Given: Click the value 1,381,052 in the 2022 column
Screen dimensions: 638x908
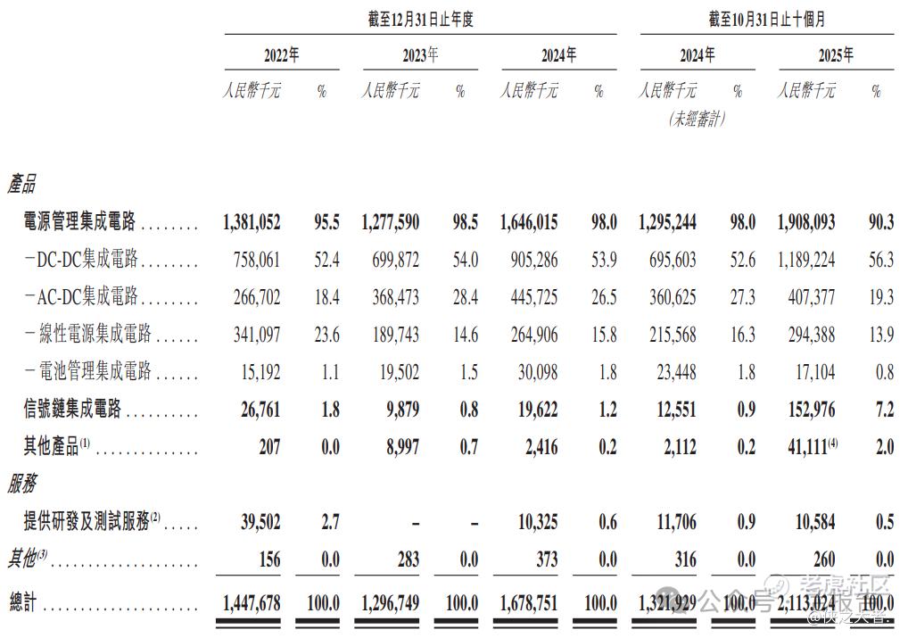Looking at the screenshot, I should pyautogui.click(x=252, y=222).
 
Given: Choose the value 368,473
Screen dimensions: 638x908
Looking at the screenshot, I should pyautogui.click(x=391, y=297).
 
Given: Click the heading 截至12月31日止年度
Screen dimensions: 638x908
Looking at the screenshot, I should pyautogui.click(x=420, y=20).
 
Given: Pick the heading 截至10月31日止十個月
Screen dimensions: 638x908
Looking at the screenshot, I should pyautogui.click(x=766, y=20).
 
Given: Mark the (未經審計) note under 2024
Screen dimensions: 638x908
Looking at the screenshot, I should pyautogui.click(x=697, y=119).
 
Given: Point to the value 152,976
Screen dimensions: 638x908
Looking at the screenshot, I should pyautogui.click(x=807, y=409).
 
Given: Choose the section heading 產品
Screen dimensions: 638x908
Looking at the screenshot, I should pyautogui.click(x=21, y=185).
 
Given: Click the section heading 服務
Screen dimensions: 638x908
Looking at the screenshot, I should pyautogui.click(x=21, y=484).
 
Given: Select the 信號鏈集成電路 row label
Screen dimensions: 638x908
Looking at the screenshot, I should pyautogui.click(x=72, y=409).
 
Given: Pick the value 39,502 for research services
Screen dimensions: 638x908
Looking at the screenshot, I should pyautogui.click(x=258, y=522).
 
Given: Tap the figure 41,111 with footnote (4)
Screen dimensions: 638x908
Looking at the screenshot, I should pyautogui.click(x=805, y=446).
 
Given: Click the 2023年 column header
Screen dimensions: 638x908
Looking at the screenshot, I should pyautogui.click(x=419, y=55).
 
